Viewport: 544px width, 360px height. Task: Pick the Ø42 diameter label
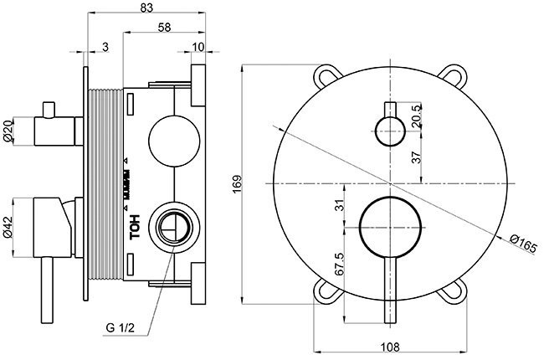tap(8, 220)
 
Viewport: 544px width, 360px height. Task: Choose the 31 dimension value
tap(338, 205)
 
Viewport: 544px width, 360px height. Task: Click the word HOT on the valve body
tap(134, 229)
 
